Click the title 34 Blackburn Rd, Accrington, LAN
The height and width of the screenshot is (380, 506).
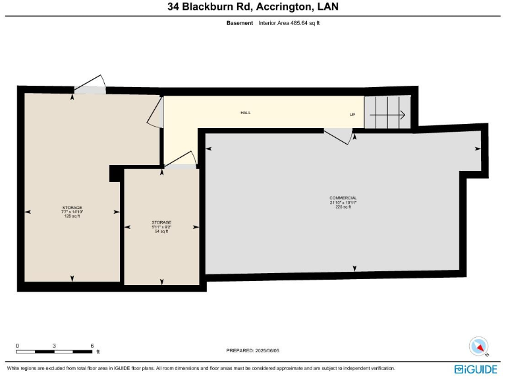pos(252,8)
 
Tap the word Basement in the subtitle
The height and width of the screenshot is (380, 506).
pos(240,23)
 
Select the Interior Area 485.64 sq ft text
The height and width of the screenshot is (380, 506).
pos(289,23)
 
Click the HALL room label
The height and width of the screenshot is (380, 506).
pos(245,113)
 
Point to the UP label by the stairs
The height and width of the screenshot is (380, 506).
pos(352,114)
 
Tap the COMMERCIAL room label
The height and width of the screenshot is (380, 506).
pos(343,198)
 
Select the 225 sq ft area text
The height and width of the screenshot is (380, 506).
pos(343,207)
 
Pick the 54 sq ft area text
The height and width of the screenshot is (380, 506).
pos(161,232)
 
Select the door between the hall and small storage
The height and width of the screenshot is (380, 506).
pos(181,161)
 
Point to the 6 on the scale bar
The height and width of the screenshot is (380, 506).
pos(92,346)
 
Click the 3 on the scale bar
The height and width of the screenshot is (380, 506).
pos(55,346)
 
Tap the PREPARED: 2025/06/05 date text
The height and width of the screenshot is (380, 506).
pos(253,350)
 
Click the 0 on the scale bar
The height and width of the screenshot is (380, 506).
pos(17,346)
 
